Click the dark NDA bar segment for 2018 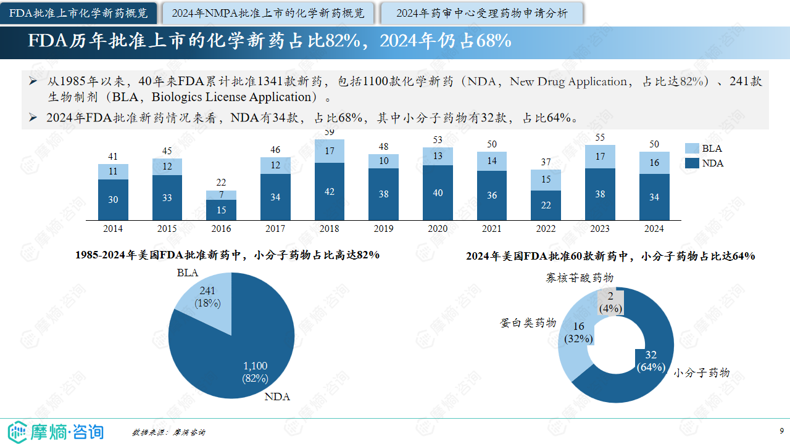point(330,191)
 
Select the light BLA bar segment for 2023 point(601,157)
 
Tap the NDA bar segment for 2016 point(221,210)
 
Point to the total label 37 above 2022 point(546,162)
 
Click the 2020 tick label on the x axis point(438,229)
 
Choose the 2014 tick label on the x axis point(113,229)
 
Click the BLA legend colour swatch point(692,149)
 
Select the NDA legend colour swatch point(692,163)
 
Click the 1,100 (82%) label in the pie point(255,372)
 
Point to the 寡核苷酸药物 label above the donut point(579,278)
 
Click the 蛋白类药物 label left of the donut point(528,323)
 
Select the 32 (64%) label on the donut point(651,361)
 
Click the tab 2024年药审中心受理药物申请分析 point(482,13)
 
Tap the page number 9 point(781,430)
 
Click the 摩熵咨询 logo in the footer point(56,431)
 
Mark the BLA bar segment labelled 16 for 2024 point(654,163)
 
